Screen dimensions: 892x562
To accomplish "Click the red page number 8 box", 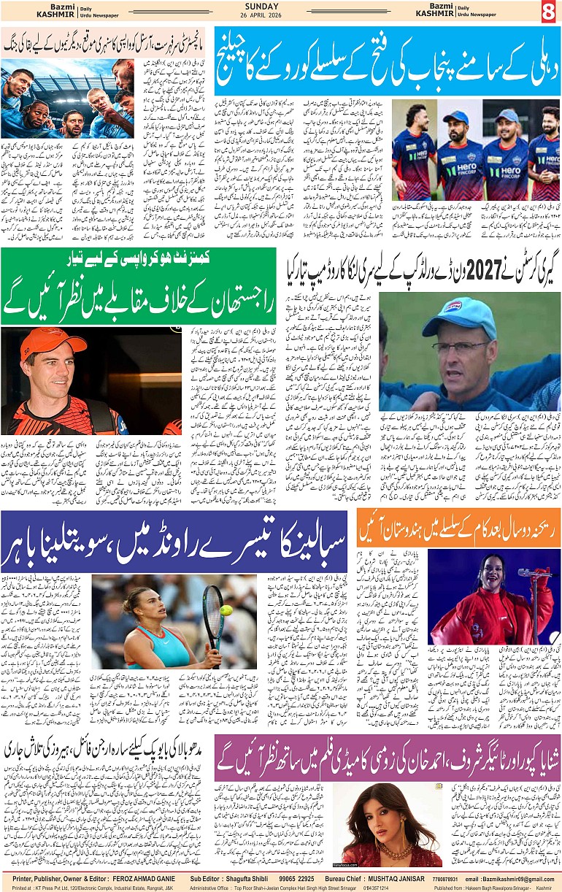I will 548,12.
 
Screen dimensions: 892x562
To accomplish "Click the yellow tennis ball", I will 227,610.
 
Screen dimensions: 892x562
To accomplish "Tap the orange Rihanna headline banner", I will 458,527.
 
